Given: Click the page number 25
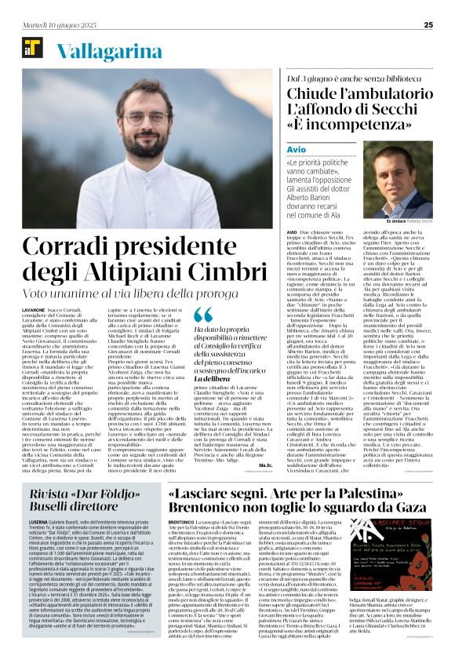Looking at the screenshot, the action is (x=428, y=24).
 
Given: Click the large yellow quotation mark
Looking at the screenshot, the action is (x=203, y=315).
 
